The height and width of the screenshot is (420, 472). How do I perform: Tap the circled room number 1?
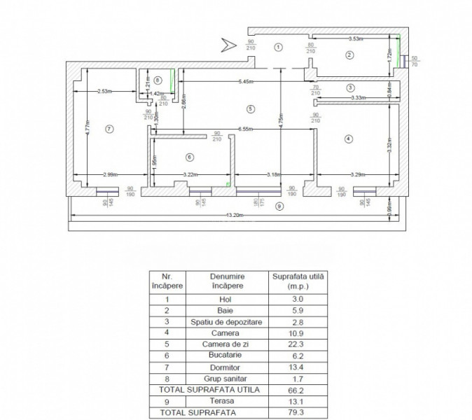(x=278, y=48)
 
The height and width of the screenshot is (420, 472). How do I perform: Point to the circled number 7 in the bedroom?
(x=109, y=128)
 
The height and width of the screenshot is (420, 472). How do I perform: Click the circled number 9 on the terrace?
(x=280, y=206)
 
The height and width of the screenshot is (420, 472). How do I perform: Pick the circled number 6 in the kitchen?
(x=189, y=157)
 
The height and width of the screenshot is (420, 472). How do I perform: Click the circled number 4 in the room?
(x=348, y=139)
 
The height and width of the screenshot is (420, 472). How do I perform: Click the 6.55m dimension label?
(x=245, y=129)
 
